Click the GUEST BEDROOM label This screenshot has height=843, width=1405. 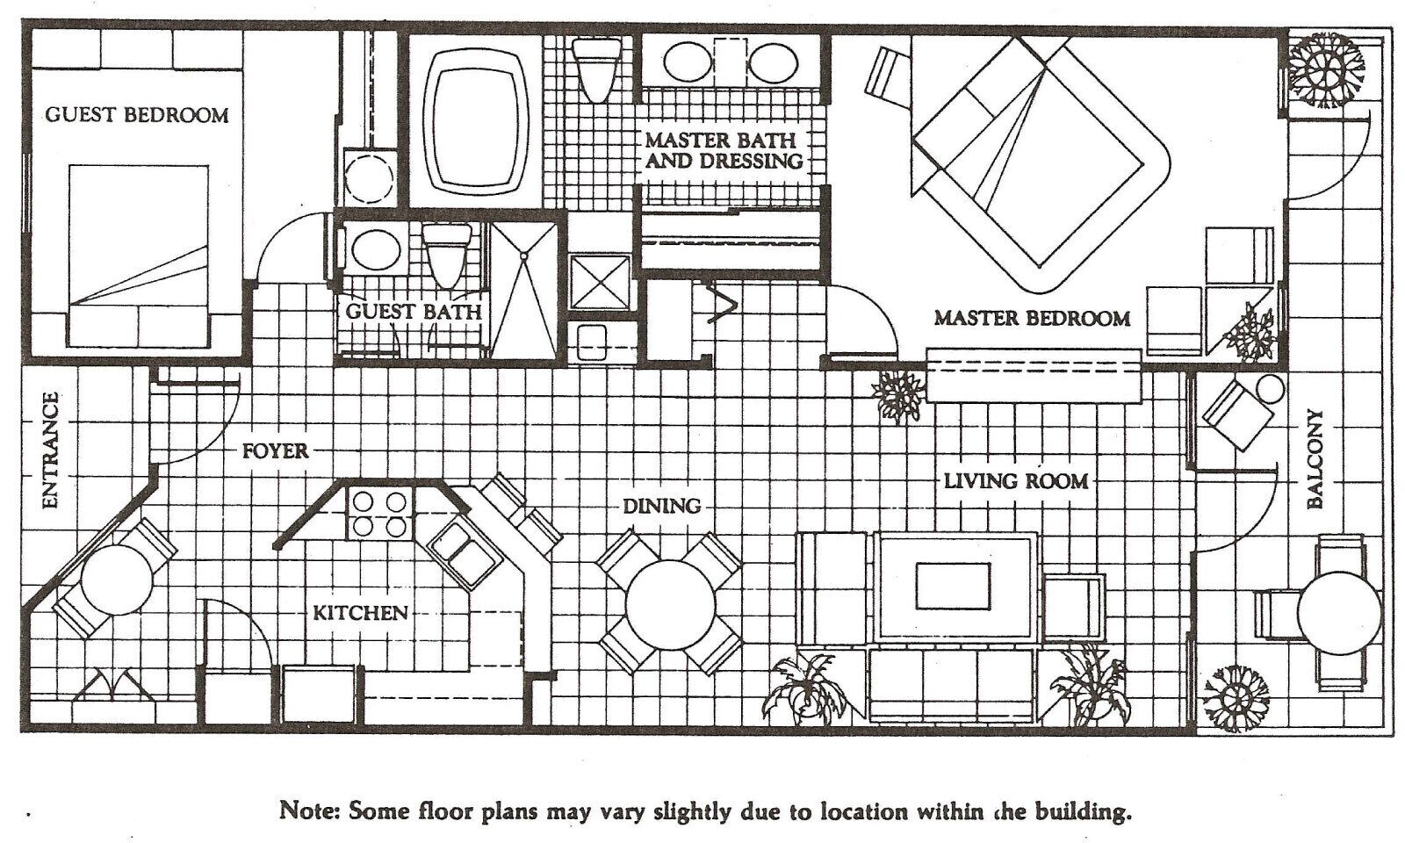(x=137, y=115)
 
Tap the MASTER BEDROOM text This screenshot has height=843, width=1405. (x=1032, y=319)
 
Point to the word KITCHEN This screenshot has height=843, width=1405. (x=361, y=613)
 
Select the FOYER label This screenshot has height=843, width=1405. (x=276, y=451)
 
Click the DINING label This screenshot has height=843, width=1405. (x=662, y=506)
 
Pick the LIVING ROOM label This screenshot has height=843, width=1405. (x=1016, y=482)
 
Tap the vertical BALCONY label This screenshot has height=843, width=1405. (x=1315, y=458)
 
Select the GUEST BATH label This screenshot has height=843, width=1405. (x=414, y=312)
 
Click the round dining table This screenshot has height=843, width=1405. (x=670, y=605)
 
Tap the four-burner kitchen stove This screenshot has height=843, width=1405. (x=380, y=514)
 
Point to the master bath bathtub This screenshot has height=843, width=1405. (x=475, y=120)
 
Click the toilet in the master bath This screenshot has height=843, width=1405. (x=596, y=69)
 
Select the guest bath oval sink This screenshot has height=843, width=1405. (x=376, y=250)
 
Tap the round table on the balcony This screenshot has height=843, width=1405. (x=1340, y=614)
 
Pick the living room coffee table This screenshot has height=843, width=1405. (x=954, y=587)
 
